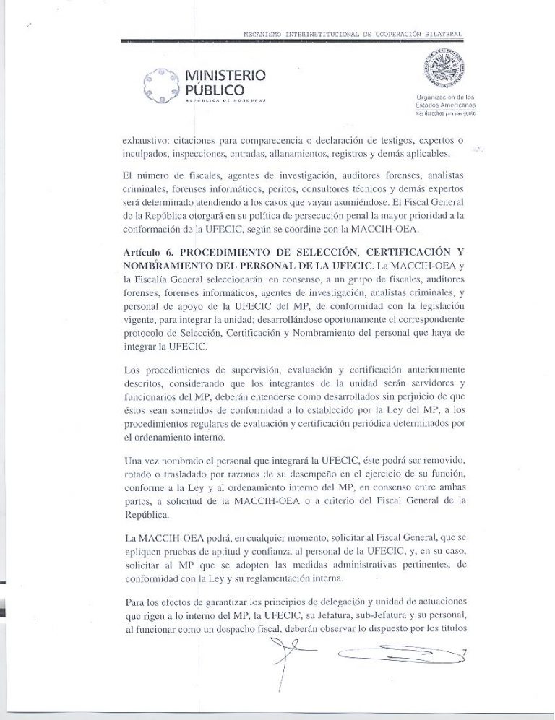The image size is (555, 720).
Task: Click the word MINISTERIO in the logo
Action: click(x=225, y=75)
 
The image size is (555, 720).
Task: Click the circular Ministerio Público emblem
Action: click(x=162, y=84)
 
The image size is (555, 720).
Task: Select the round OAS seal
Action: click(x=444, y=70)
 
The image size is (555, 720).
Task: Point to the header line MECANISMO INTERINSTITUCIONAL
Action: click(x=353, y=34)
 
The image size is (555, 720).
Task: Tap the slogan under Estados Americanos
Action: click(x=444, y=114)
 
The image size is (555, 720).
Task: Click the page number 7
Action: click(x=463, y=653)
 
